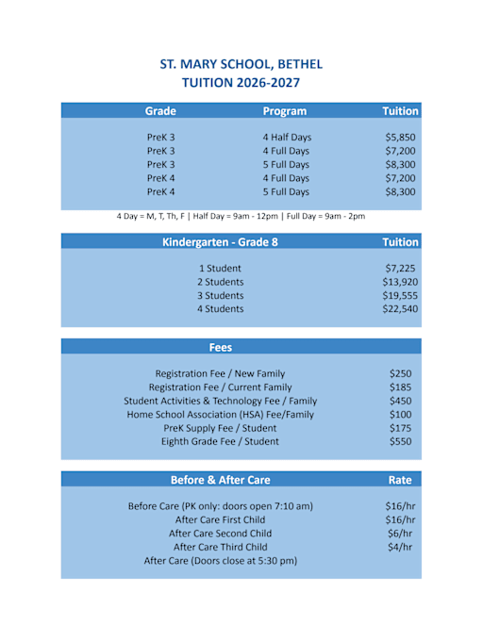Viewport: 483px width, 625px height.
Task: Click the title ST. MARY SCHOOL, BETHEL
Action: point(241,64)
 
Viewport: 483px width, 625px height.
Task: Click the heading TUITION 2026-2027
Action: point(241,83)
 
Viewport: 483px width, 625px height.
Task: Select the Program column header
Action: point(285,111)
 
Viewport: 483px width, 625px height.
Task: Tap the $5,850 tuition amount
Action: point(400,138)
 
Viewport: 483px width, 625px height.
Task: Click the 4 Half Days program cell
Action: point(287,138)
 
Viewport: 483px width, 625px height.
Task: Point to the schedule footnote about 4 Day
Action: point(241,217)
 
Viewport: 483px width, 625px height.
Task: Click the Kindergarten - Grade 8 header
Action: point(220,242)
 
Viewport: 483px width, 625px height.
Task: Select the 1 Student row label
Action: point(220,269)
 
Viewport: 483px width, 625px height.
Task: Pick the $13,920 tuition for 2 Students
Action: point(400,282)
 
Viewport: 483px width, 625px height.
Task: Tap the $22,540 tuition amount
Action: point(400,308)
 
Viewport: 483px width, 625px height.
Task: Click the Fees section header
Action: point(220,347)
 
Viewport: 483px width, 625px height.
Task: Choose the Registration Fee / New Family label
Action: point(220,373)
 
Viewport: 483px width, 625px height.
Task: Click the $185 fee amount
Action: point(400,387)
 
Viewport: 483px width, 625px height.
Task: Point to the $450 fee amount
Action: point(400,401)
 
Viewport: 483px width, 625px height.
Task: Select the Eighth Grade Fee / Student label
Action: point(220,441)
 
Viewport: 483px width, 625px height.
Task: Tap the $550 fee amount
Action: point(400,441)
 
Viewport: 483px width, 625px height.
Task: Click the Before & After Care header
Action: point(220,480)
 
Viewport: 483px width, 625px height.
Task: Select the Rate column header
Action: point(400,480)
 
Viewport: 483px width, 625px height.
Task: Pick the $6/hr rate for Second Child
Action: point(400,534)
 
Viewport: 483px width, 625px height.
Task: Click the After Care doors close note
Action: point(220,561)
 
